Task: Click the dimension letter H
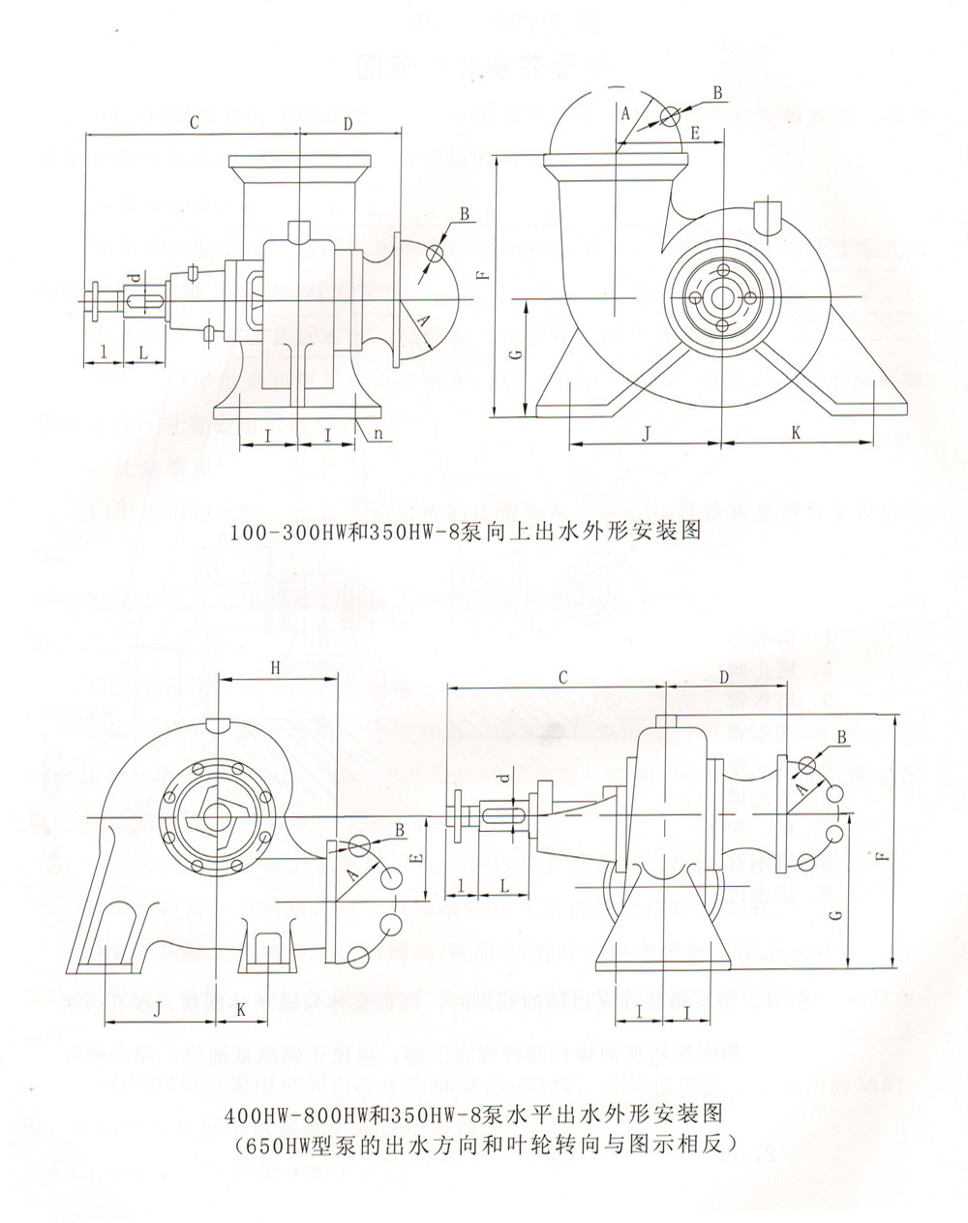coord(275,668)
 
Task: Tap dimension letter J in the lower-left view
coord(158,1009)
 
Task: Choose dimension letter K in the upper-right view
coord(795,434)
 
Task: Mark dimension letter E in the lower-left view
coord(413,858)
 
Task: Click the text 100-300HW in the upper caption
coord(277,533)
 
